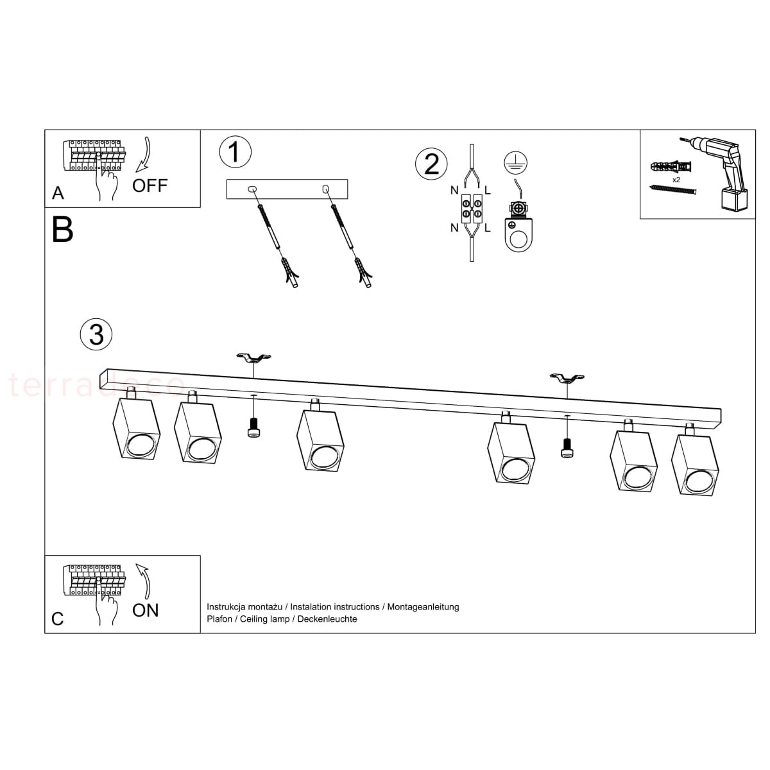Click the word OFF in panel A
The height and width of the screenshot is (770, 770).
tap(150, 186)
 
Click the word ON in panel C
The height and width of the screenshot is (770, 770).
tap(146, 610)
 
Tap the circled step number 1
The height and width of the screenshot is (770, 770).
tap(235, 152)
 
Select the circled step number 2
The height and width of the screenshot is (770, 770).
tap(431, 164)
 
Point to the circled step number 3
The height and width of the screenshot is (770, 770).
tap(96, 334)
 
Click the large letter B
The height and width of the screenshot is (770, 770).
tap(63, 230)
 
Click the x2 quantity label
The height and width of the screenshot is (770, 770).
tap(676, 180)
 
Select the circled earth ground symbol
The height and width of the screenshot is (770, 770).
tap(515, 162)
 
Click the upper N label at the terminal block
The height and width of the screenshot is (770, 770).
tap(454, 191)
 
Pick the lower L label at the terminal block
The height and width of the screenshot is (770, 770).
tap(488, 228)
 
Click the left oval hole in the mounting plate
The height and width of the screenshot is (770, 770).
tap(253, 189)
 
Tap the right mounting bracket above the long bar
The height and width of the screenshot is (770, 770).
tap(567, 377)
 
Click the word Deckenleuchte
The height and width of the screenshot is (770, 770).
tap(327, 619)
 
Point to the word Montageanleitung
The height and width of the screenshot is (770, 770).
tap(423, 607)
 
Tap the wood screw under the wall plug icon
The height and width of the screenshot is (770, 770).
tap(674, 189)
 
